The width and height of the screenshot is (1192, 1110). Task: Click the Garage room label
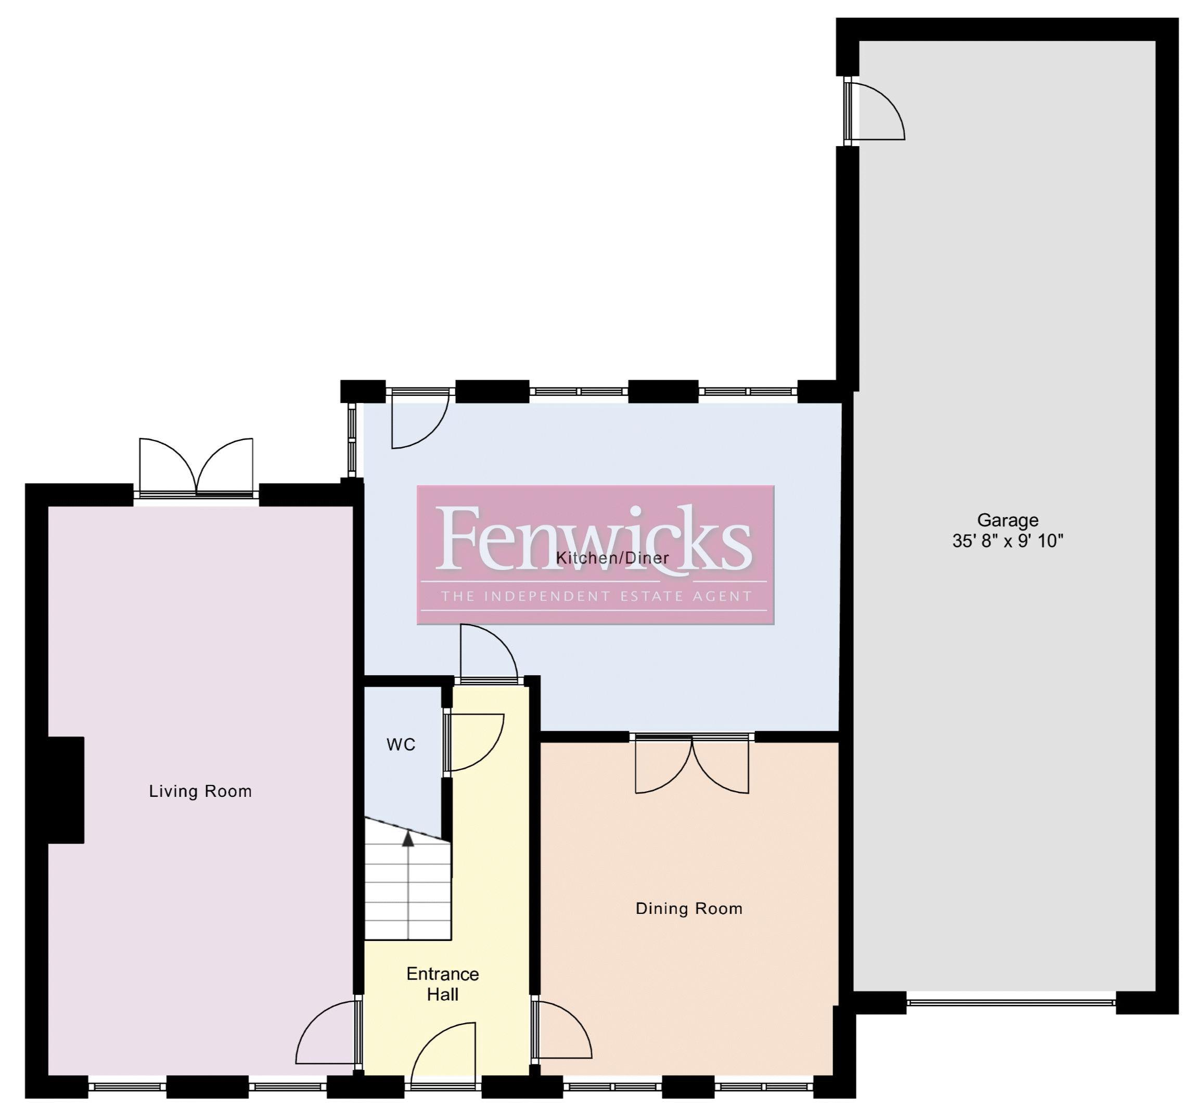(x=1007, y=520)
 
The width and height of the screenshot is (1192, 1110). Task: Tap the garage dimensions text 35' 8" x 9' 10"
(x=1007, y=541)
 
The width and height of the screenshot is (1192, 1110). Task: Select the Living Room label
(x=200, y=791)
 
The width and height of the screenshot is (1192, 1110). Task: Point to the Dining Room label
(x=689, y=909)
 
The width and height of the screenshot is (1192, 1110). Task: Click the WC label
(x=401, y=744)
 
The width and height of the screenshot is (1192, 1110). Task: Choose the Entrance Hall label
(x=442, y=984)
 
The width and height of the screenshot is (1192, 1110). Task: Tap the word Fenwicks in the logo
(x=594, y=538)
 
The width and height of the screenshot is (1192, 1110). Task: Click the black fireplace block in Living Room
(x=66, y=790)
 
